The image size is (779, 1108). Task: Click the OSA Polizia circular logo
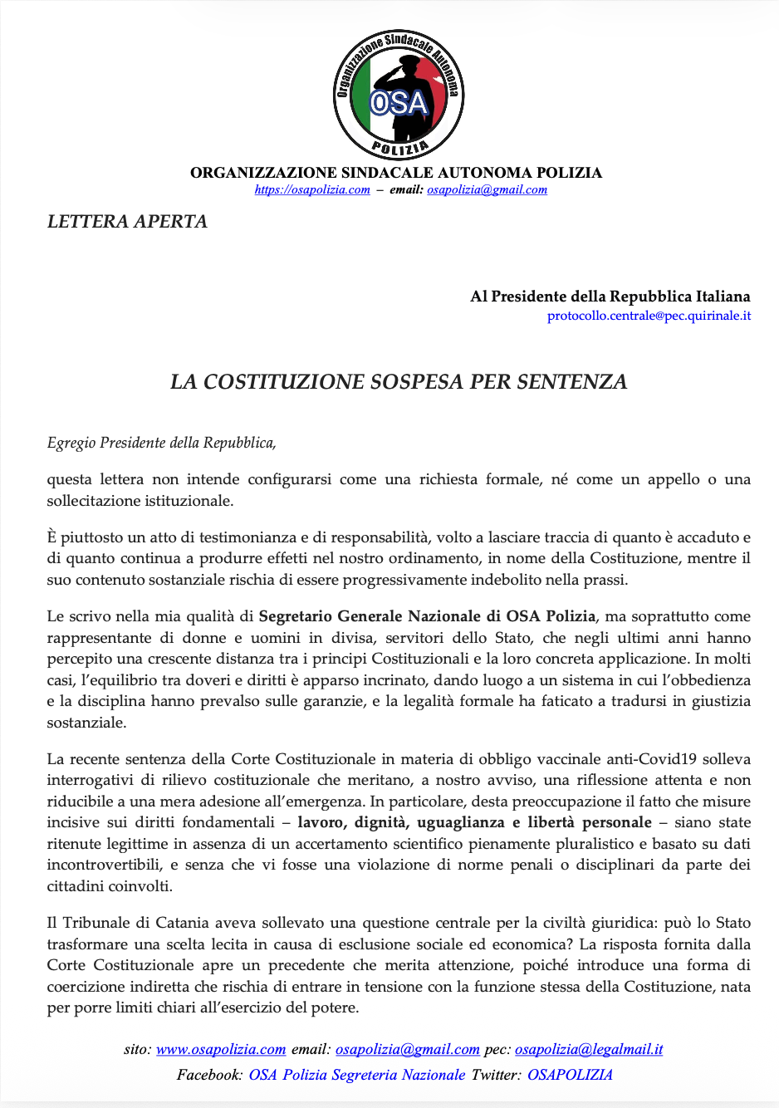click(x=399, y=95)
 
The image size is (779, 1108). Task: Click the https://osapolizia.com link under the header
click(x=312, y=190)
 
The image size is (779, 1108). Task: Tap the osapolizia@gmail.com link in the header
click(x=487, y=190)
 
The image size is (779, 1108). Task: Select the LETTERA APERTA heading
click(x=127, y=222)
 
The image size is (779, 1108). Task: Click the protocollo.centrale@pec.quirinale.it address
click(x=649, y=316)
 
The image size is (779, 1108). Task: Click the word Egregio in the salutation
click(x=71, y=444)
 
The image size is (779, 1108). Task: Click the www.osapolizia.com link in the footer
click(x=221, y=1050)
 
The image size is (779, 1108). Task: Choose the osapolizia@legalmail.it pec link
click(x=589, y=1050)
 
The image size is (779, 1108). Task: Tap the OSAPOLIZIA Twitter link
click(x=570, y=1076)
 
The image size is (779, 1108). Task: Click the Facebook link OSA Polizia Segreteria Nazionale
click(x=357, y=1076)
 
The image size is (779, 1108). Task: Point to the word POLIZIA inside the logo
click(x=399, y=149)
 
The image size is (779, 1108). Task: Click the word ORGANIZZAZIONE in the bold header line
click(x=264, y=173)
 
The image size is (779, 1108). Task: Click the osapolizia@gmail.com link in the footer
click(x=408, y=1050)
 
